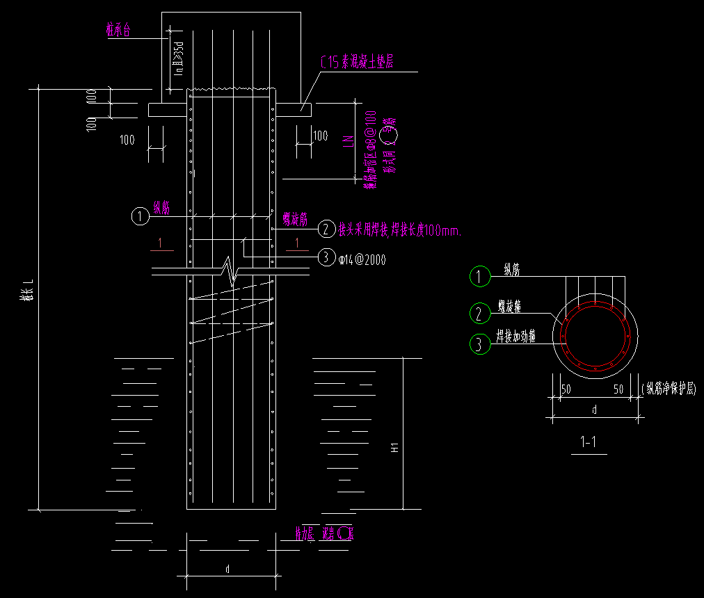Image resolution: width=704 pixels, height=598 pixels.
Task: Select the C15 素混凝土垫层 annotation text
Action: pyautogui.click(x=356, y=63)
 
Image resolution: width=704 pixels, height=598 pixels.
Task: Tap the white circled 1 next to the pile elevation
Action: pyautogui.click(x=141, y=217)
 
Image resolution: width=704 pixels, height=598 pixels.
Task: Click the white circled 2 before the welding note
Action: pyautogui.click(x=326, y=229)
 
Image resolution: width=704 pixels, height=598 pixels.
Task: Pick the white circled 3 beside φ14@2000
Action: pyautogui.click(x=326, y=257)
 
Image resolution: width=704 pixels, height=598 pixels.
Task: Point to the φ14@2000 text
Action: pyautogui.click(x=362, y=259)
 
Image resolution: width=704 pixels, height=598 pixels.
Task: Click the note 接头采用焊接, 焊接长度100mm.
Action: pyautogui.click(x=399, y=229)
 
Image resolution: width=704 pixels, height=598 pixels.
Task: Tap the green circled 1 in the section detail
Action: pyautogui.click(x=480, y=276)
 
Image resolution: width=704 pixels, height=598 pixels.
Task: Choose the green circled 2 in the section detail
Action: pyautogui.click(x=480, y=313)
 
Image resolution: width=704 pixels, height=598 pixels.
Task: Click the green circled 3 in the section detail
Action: pyautogui.click(x=480, y=344)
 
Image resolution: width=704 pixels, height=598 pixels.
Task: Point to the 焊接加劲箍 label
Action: pyautogui.click(x=515, y=338)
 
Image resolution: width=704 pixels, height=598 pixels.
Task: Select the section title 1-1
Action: pyautogui.click(x=588, y=442)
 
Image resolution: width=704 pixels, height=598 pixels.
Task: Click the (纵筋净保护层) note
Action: pyautogui.click(x=669, y=390)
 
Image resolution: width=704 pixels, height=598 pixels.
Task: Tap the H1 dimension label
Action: pyautogui.click(x=394, y=449)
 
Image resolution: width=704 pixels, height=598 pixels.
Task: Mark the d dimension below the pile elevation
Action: pyautogui.click(x=227, y=569)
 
